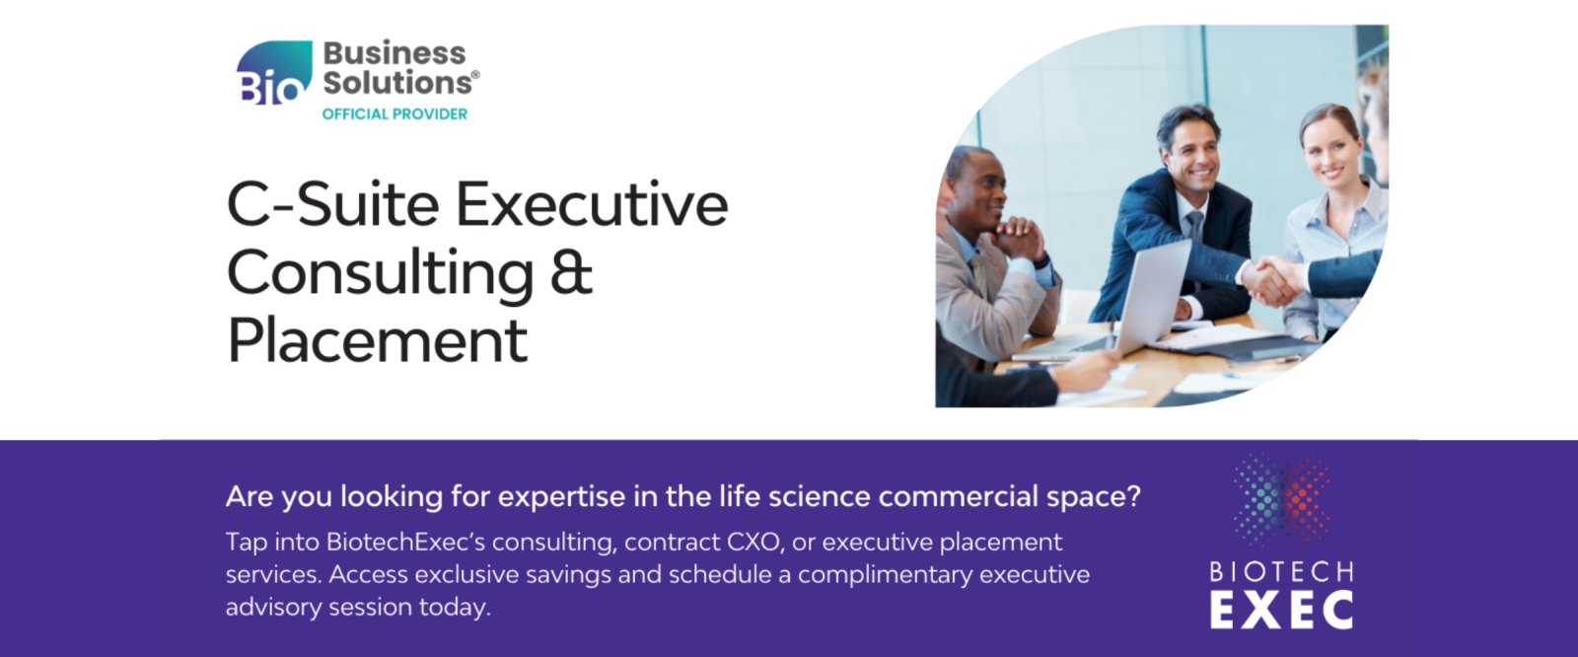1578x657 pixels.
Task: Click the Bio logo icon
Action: (274, 72)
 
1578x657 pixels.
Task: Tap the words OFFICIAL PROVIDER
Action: (394, 114)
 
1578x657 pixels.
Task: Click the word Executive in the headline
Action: (592, 204)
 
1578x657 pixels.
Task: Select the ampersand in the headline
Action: (571, 271)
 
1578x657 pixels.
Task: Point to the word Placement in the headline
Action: (378, 340)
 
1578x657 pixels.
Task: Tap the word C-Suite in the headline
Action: (333, 204)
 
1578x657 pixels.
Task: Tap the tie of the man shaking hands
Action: (1196, 227)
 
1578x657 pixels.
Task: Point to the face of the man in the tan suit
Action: (981, 191)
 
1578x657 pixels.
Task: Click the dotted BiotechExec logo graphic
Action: (1281, 500)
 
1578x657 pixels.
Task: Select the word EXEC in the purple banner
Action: (1281, 611)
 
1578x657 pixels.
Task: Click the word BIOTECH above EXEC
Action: (1281, 572)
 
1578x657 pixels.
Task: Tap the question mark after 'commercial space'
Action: (1133, 496)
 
